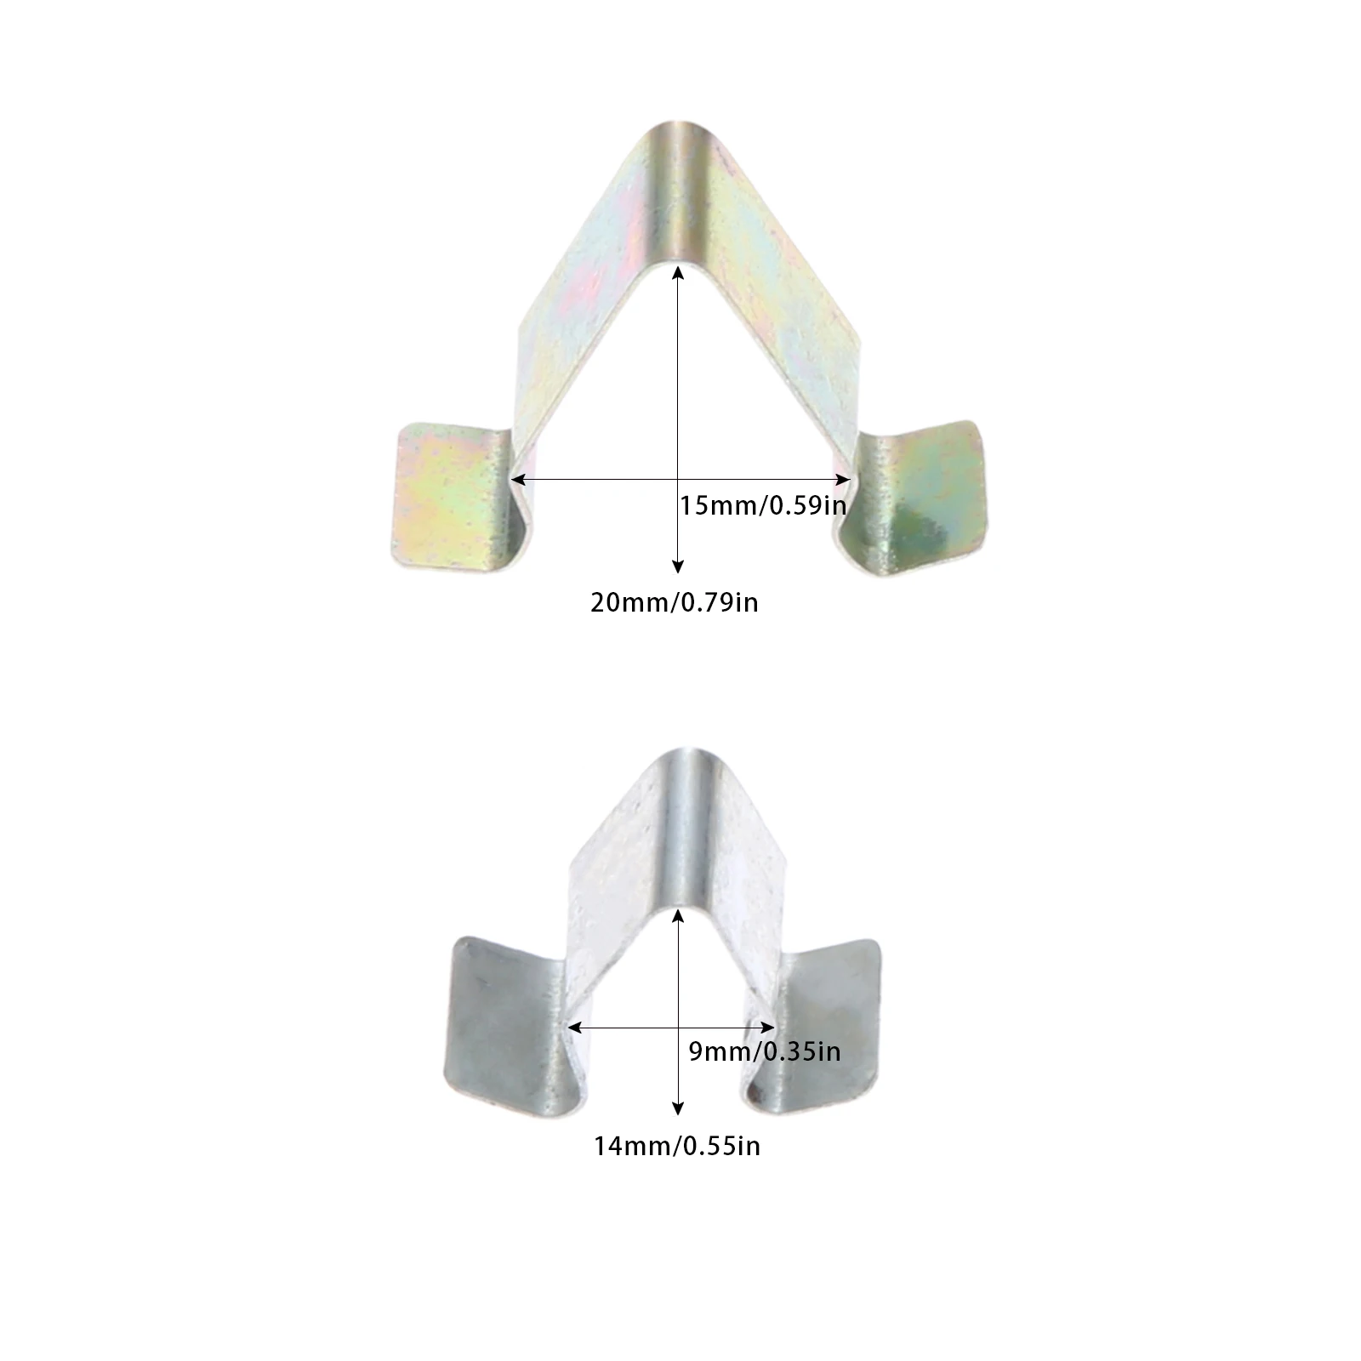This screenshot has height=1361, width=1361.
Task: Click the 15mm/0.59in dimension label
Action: coord(763,505)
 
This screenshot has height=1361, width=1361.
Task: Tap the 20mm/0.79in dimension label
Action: coord(675,603)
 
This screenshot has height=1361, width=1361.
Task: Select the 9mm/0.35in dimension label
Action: coord(764,1052)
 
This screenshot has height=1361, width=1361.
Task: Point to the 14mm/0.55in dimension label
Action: coord(677,1147)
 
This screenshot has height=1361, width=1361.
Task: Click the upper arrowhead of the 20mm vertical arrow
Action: coord(678,272)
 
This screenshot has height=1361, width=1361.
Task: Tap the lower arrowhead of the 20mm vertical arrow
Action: coord(678,567)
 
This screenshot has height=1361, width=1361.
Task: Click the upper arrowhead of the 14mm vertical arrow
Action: coord(678,914)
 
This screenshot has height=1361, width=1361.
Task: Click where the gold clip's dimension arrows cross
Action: coord(678,480)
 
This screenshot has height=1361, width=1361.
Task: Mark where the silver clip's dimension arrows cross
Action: coord(678,1028)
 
